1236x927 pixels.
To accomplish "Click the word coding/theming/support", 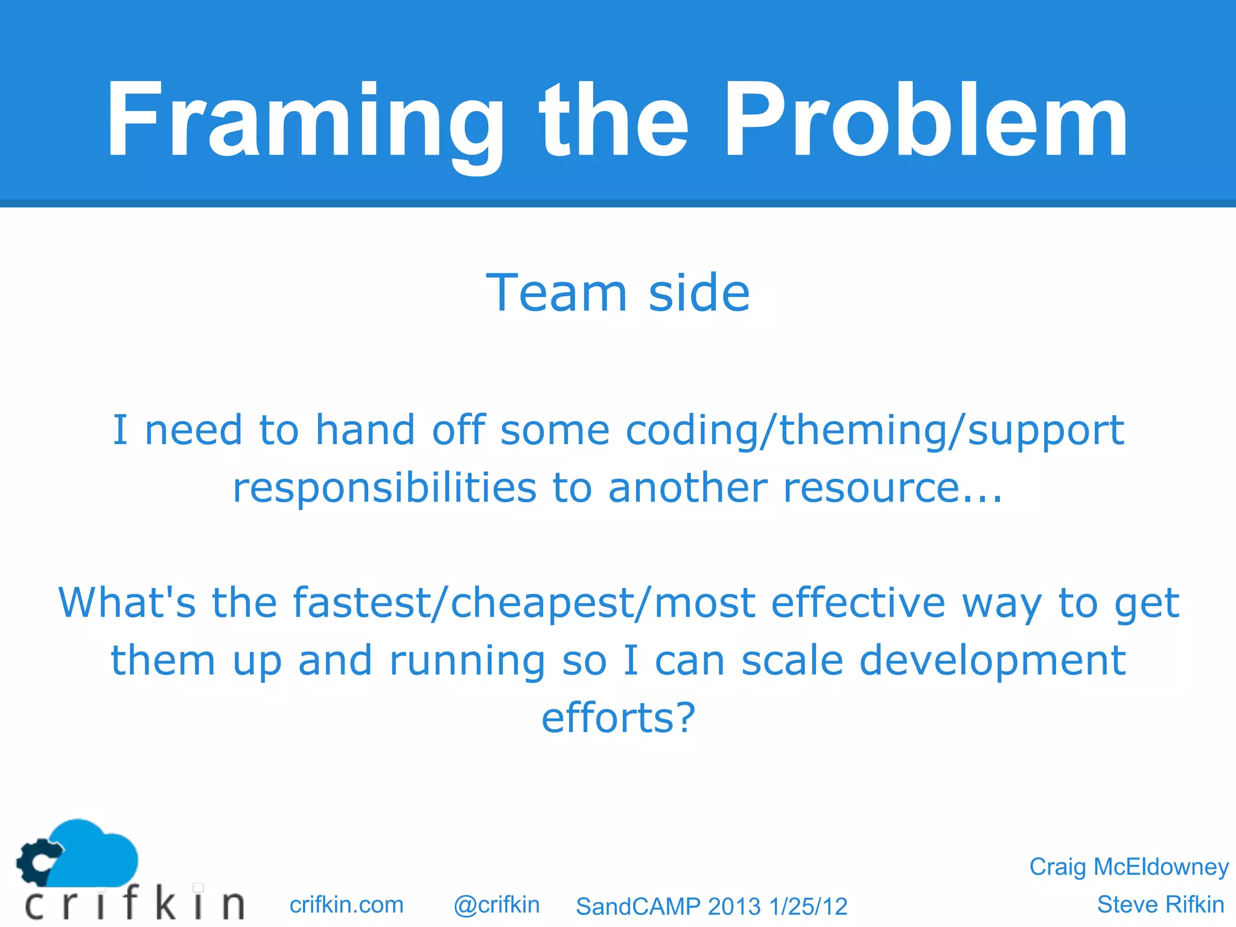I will click(x=874, y=431).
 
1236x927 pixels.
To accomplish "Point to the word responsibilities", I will click(x=384, y=488).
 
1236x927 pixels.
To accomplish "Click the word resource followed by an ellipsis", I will click(x=892, y=488).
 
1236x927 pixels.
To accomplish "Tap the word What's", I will click(x=127, y=603).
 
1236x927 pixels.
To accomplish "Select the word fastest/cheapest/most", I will click(x=524, y=603).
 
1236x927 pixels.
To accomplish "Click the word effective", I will click(x=858, y=603).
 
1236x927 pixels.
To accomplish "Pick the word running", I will click(x=467, y=660).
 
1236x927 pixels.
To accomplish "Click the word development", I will click(x=992, y=660).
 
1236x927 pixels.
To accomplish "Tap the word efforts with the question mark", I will click(x=618, y=718).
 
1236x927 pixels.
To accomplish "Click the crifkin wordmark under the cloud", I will click(x=134, y=903).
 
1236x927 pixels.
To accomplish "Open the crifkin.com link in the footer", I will click(x=346, y=905).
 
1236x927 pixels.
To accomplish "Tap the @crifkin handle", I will click(x=496, y=905).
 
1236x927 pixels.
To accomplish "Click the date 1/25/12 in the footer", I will click(x=808, y=906).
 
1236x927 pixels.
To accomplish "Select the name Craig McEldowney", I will click(x=1128, y=867).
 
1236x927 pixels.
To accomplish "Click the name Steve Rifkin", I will click(x=1160, y=905).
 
